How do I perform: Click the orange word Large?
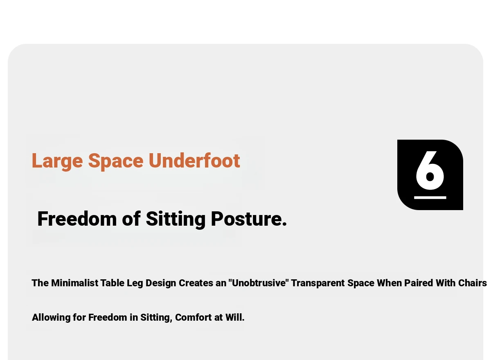point(57,161)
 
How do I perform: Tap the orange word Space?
point(116,161)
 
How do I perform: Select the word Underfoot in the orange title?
point(194,160)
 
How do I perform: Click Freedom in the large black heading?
point(77,219)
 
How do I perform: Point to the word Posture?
point(249,219)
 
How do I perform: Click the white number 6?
point(430,170)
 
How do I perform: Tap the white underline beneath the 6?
point(430,198)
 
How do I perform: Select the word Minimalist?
point(75,283)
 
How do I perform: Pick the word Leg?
point(135,283)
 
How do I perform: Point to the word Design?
point(161,283)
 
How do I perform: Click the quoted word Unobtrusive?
point(259,283)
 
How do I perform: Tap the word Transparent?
point(318,283)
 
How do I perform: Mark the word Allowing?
point(51,318)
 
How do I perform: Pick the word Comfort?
point(194,317)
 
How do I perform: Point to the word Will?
point(235,317)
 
